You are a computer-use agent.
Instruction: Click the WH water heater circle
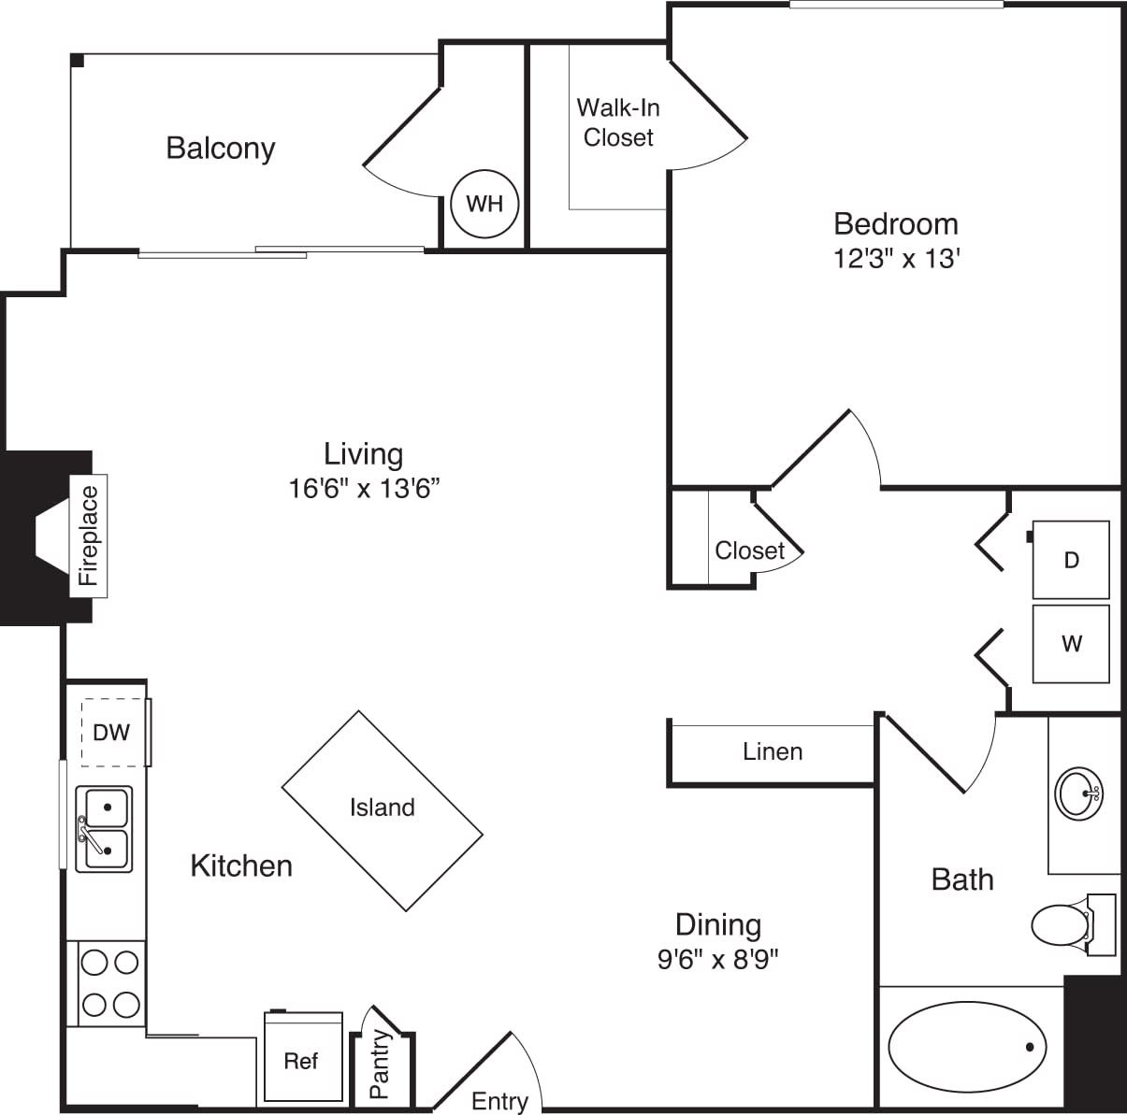pos(484,204)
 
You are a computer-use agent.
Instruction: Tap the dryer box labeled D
pos(1071,560)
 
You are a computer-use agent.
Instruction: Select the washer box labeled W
pos(1071,644)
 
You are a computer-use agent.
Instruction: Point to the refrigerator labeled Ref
pos(303,1059)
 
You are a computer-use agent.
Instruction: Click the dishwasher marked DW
pos(113,732)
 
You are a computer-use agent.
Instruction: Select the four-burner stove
pos(110,983)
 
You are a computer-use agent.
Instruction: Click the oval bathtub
pos(967,1047)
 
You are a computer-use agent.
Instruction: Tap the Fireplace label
pos(89,536)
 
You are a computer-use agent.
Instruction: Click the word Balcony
pos(221,149)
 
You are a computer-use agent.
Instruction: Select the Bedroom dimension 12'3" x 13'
pos(897,258)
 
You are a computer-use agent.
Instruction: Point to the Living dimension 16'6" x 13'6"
pos(364,488)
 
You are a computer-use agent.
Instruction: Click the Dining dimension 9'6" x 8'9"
pos(718,959)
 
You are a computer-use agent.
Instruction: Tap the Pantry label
pos(380,1065)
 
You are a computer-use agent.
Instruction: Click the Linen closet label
pos(773,751)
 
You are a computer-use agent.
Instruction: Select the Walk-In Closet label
pos(618,122)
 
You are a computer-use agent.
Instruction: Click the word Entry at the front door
pos(499,1102)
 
